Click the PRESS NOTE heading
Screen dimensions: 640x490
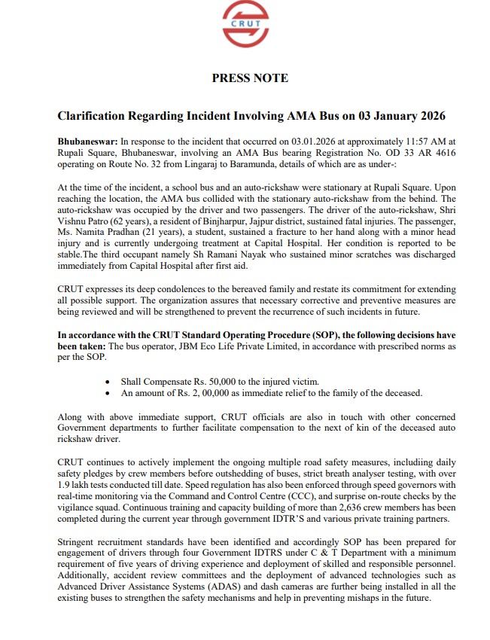pos(250,78)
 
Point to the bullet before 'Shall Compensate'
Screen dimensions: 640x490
pos(111,382)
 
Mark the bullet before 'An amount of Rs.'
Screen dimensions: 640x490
pos(111,393)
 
